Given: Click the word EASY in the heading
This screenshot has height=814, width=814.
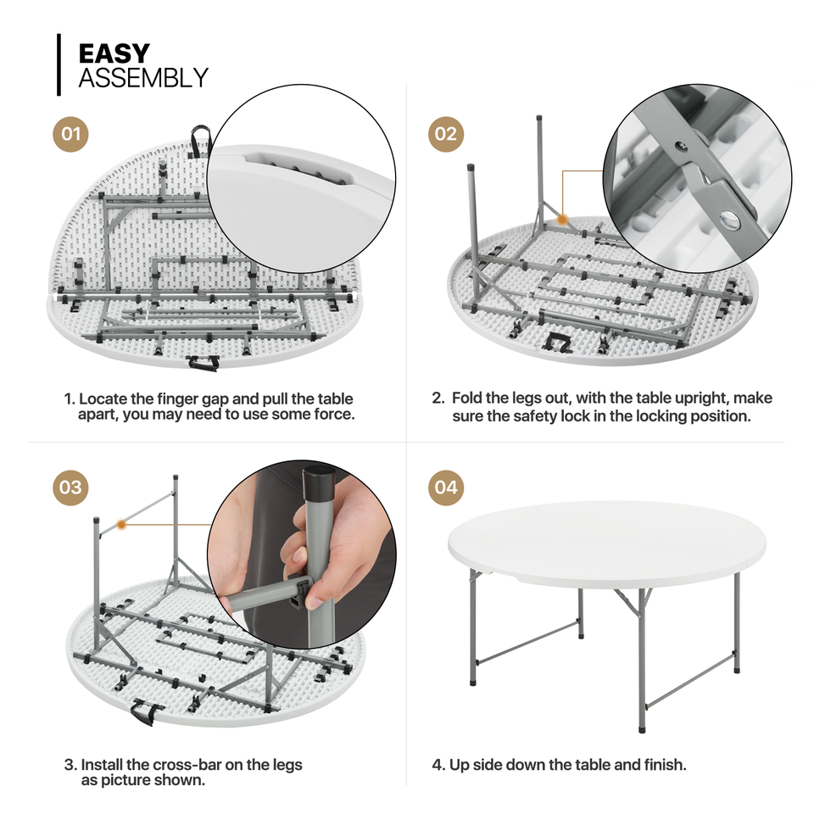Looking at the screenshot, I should pos(114,53).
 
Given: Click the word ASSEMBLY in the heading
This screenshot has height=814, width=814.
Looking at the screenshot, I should pos(142,78).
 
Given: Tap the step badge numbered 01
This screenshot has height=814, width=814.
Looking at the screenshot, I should pos(71,134).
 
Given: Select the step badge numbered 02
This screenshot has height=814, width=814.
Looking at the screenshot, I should pos(445,134).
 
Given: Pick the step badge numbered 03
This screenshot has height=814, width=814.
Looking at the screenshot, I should pos(71,487).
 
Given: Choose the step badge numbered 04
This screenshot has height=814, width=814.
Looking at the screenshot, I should pos(445,487).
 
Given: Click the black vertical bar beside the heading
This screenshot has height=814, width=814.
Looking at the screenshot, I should pos(59,64).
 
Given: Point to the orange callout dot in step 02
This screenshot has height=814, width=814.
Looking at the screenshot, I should pos(561,220).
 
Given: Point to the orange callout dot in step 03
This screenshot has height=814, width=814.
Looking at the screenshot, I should pos(122,525).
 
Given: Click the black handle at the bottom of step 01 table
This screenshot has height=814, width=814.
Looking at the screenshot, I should pos(201,364).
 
